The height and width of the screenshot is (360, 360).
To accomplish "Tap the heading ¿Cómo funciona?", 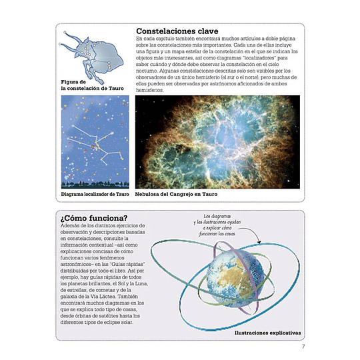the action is (94, 219).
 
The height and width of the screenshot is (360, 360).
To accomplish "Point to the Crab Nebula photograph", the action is (217, 141).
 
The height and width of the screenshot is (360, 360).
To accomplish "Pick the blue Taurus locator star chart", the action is (95, 141).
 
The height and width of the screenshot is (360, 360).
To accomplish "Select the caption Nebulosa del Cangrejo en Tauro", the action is (177, 195).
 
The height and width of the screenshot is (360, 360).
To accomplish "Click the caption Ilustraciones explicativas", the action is (268, 331).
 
